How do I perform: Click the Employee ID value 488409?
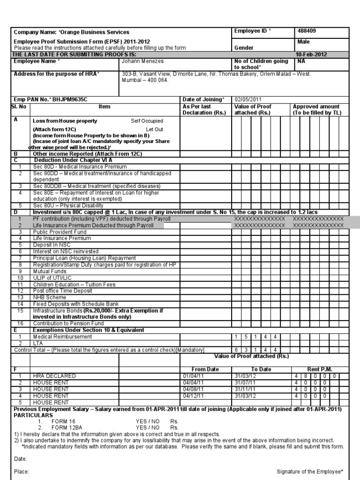[307, 31]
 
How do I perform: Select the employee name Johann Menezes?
[142, 61]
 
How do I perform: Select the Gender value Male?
[304, 42]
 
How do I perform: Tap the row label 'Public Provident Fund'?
[60, 232]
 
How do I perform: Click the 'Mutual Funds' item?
[49, 271]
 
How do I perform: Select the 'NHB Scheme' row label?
[49, 297]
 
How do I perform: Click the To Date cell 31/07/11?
[246, 382]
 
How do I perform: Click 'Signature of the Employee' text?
[310, 472]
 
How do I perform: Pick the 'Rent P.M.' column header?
[320, 369]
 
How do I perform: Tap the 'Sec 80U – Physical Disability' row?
[68, 205]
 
